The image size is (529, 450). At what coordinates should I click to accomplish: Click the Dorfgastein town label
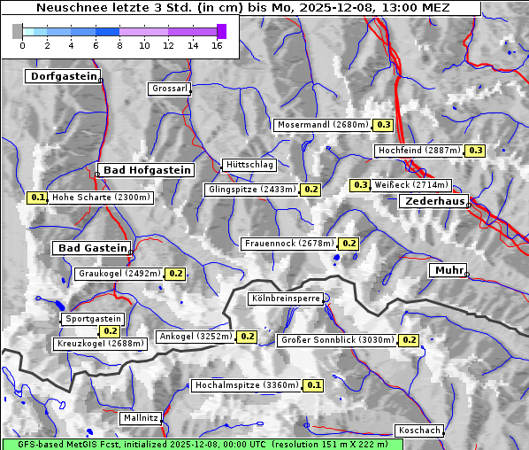pyautogui.click(x=62, y=77)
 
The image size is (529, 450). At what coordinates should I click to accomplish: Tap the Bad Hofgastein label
pyautogui.click(x=146, y=170)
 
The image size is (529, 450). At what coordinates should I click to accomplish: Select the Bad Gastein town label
pyautogui.click(x=92, y=248)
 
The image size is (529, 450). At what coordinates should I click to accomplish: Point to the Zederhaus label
pyautogui.click(x=434, y=202)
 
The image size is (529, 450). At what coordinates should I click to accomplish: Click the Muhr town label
pyautogui.click(x=448, y=270)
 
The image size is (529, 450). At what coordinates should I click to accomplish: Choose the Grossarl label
pyautogui.click(x=168, y=89)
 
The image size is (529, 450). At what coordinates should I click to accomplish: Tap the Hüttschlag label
pyautogui.click(x=249, y=165)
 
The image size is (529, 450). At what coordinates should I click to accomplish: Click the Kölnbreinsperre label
pyautogui.click(x=285, y=299)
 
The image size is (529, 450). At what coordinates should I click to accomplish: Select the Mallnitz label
pyautogui.click(x=141, y=417)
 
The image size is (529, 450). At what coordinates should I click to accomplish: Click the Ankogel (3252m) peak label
pyautogui.click(x=195, y=337)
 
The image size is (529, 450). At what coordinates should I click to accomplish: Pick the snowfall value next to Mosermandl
pyautogui.click(x=384, y=125)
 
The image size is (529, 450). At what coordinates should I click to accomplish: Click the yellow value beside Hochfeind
pyautogui.click(x=476, y=151)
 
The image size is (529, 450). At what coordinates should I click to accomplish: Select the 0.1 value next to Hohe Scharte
pyautogui.click(x=37, y=198)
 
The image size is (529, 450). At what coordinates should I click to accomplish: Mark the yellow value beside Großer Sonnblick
pyautogui.click(x=409, y=340)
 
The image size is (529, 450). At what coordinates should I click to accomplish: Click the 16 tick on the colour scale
pyautogui.click(x=217, y=45)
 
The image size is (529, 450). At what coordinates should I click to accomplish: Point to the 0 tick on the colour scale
pyautogui.click(x=22, y=45)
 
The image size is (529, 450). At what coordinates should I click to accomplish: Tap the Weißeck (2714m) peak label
pyautogui.click(x=411, y=185)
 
